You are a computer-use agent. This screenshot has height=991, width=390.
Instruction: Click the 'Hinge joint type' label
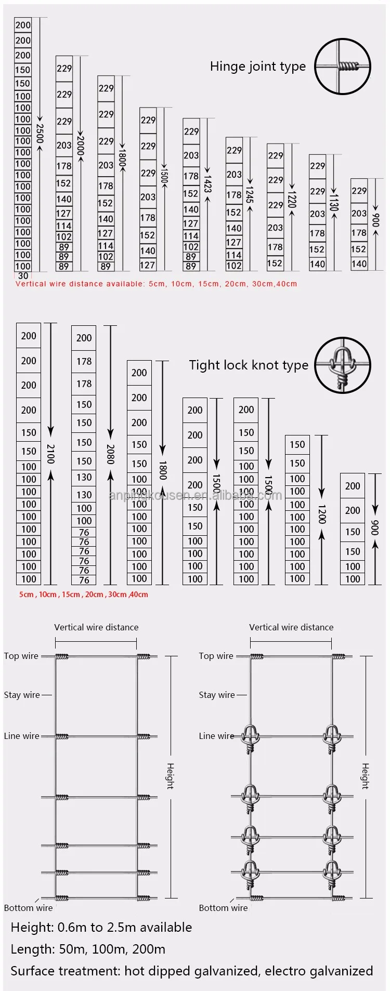(257, 67)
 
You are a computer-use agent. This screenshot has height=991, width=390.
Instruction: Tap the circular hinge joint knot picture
(343, 66)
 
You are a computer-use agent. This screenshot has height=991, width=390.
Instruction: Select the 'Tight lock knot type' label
(248, 365)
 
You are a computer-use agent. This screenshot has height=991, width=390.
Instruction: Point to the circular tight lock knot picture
(343, 365)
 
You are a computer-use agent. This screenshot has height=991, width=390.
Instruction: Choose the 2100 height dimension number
(50, 454)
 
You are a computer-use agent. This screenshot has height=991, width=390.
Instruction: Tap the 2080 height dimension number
(110, 454)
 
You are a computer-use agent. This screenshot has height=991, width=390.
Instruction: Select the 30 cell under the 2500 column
(23, 276)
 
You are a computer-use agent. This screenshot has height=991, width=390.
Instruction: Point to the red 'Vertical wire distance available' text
(156, 284)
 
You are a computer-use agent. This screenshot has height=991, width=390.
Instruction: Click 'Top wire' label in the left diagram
(21, 656)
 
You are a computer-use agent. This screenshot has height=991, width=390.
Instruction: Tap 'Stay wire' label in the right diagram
(216, 695)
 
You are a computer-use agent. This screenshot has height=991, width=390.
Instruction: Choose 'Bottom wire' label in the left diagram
(28, 908)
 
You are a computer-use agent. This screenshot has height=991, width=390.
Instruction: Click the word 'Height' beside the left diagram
(170, 776)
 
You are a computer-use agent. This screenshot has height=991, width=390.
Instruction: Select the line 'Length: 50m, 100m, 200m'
(88, 949)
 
